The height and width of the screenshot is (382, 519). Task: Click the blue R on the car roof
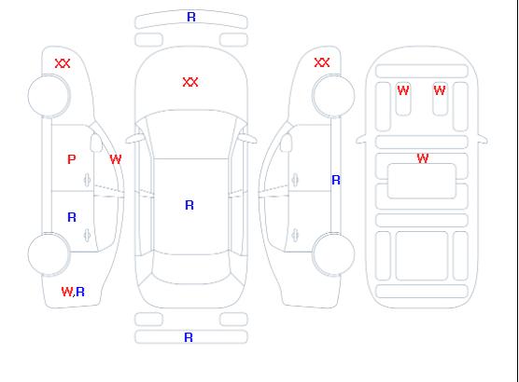pos(189,205)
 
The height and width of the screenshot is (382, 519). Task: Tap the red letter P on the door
pos(72,159)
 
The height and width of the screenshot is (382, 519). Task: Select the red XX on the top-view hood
pos(190,82)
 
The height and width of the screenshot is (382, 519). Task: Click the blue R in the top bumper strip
pos(191,17)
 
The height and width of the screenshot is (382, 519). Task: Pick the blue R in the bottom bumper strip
pos(189,337)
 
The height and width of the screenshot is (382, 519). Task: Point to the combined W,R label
pos(73,292)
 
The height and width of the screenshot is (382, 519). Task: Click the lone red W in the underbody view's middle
pos(423,158)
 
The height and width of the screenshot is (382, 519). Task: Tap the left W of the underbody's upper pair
pos(403,90)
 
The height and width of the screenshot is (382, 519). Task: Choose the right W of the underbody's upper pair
pos(440,90)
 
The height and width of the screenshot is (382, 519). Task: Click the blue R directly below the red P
pos(72,217)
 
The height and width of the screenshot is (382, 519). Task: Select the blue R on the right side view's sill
pos(336,180)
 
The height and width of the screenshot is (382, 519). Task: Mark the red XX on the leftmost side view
pos(63,63)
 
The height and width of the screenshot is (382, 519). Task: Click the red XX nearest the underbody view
pos(322,62)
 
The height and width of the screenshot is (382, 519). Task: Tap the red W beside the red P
pos(116,159)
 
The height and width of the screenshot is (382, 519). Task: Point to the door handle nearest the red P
pos(87,180)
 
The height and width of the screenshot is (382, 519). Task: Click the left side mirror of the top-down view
pos(133,140)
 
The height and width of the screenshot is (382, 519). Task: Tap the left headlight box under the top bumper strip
pos(149,40)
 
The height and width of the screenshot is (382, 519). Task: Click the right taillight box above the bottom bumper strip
pos(233,320)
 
